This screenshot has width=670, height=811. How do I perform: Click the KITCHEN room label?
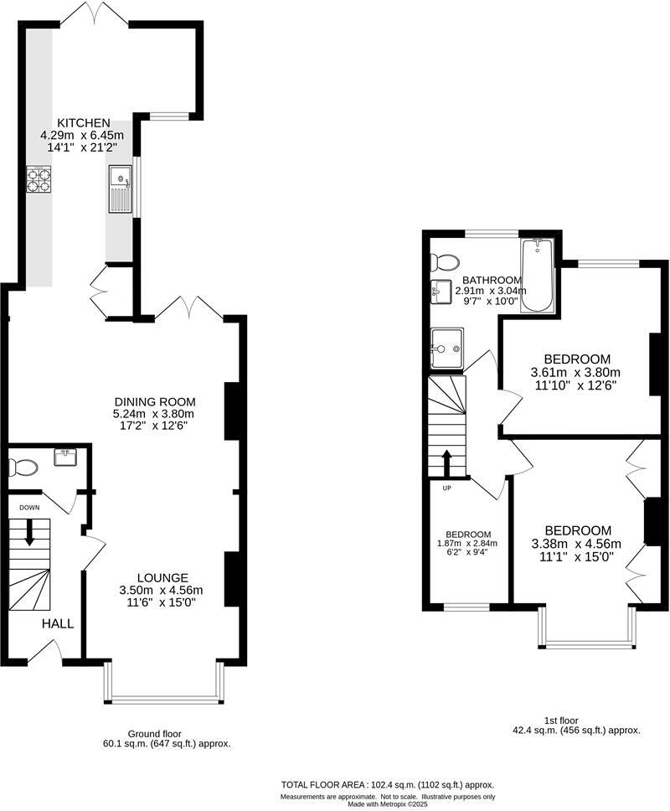(82, 123)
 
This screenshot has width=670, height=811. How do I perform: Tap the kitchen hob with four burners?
(39, 181)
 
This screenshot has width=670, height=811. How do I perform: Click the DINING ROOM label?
(153, 401)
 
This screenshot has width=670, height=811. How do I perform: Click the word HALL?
(59, 623)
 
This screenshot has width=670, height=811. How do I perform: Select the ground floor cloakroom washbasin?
(64, 457)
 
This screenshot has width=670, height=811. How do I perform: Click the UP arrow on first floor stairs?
(445, 462)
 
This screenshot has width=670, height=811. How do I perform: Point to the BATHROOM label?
(492, 280)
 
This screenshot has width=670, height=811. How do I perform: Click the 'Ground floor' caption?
(154, 733)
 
